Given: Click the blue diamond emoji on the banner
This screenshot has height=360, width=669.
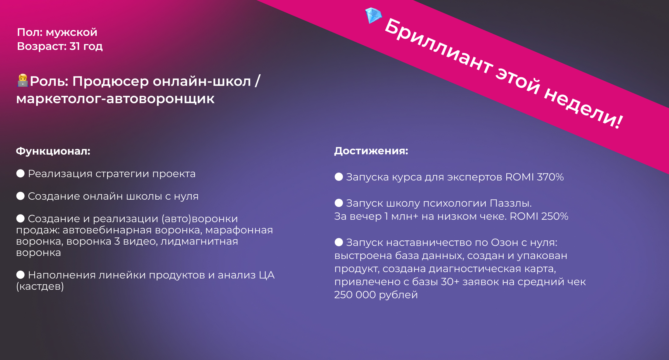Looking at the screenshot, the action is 373,16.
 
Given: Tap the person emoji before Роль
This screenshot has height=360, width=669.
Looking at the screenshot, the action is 23,81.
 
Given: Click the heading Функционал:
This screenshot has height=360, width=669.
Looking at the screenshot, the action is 53,151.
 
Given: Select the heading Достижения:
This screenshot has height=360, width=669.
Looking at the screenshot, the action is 371,151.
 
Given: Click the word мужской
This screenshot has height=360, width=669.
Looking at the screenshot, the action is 71,32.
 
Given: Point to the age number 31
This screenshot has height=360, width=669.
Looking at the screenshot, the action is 75,46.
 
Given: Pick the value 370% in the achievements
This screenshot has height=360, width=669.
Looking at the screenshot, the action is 550,177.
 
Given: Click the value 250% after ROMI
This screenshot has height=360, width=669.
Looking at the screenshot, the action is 555,216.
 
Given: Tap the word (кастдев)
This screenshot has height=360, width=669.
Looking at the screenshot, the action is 40,286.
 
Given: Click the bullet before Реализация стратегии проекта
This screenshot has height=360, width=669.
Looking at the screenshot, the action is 20,173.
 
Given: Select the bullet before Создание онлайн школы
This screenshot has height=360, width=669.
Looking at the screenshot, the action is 20,196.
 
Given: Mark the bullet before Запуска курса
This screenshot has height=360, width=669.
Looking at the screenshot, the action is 339,177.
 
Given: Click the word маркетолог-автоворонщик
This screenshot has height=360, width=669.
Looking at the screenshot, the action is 115,99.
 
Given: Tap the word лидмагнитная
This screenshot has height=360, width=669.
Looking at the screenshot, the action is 199,241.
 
